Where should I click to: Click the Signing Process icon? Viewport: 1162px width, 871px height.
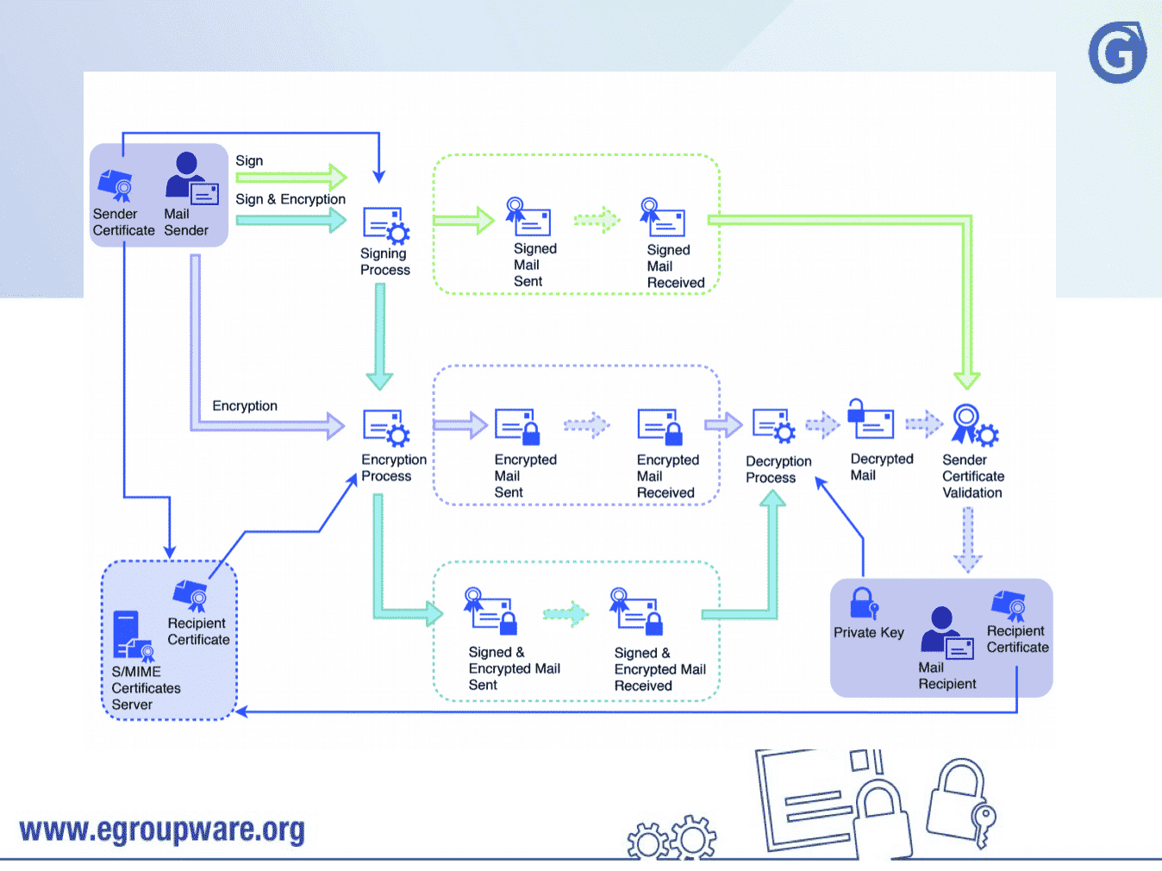point(385,226)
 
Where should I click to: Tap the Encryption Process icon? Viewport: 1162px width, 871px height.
point(385,428)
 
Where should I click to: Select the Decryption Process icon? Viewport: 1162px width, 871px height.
point(773,426)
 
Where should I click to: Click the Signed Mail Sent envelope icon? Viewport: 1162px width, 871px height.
point(528,218)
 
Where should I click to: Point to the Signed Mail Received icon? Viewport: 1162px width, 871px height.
point(663,218)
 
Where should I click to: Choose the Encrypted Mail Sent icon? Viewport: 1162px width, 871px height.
point(517,426)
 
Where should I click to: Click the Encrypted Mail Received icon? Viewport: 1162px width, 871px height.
point(660,426)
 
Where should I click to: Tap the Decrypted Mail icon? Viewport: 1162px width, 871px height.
point(871,420)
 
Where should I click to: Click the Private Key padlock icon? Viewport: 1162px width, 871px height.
point(863,604)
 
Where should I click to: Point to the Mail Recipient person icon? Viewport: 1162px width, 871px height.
point(946,634)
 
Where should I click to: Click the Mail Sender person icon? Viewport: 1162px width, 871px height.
point(191,179)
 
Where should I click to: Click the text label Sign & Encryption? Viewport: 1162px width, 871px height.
point(290,199)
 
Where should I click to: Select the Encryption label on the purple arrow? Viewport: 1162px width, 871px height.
point(245,405)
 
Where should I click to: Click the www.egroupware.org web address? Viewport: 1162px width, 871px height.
point(162,830)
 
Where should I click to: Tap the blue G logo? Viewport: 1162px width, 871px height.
point(1117,53)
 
